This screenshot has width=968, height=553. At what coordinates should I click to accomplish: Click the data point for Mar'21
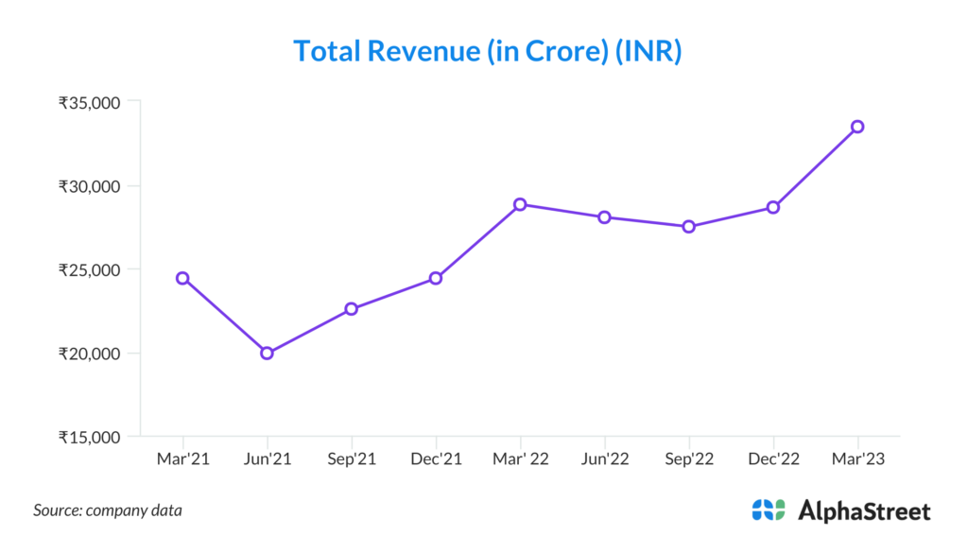(x=182, y=278)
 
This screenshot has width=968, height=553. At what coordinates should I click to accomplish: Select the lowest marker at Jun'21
(x=267, y=354)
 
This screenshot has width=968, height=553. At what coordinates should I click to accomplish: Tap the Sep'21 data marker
(x=351, y=309)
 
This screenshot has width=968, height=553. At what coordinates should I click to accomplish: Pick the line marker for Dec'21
(x=436, y=278)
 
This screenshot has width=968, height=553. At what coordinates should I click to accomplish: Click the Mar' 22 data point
(x=520, y=204)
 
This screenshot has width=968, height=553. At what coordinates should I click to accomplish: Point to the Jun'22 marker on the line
(x=604, y=217)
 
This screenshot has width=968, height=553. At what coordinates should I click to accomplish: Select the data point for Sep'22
(x=688, y=227)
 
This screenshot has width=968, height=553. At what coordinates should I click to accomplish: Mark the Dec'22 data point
(x=773, y=207)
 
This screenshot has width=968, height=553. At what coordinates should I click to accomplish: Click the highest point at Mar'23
(x=857, y=127)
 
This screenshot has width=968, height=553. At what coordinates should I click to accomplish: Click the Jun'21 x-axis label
(x=267, y=458)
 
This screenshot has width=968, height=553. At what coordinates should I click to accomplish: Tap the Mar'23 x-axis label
(x=857, y=458)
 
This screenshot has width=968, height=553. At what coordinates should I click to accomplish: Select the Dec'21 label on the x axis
(x=436, y=458)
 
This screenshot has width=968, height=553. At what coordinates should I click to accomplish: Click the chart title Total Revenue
(x=487, y=50)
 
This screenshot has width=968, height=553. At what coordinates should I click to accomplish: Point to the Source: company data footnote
(x=108, y=510)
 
